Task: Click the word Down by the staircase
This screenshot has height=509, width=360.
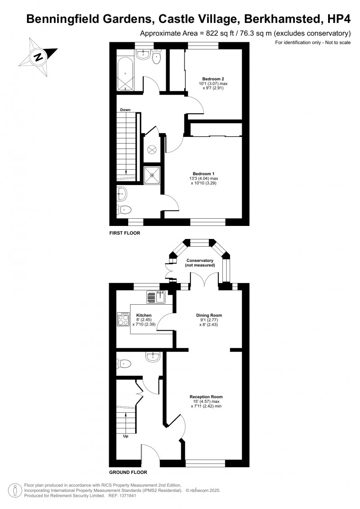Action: pos(125,110)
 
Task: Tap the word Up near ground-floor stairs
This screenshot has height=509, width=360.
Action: pos(126,436)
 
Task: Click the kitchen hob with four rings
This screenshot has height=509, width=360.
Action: pos(124,319)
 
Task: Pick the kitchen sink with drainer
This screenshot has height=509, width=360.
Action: pos(156,297)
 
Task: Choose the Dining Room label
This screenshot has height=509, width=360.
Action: pos(209,315)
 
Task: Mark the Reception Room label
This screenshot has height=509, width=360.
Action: pos(206,396)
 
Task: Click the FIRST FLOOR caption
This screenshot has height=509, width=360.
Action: pos(125,233)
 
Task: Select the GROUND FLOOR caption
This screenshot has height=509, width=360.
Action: pos(128,473)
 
